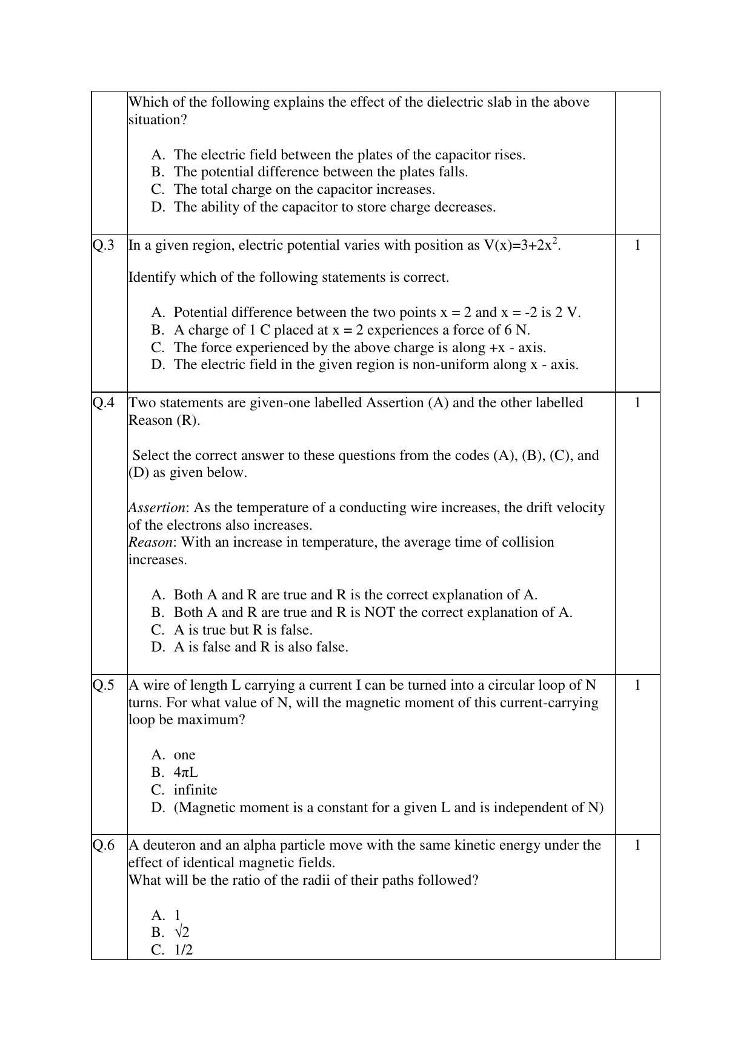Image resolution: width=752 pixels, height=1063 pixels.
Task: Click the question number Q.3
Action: [x=103, y=245]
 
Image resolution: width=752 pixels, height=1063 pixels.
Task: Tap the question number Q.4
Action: [x=103, y=403]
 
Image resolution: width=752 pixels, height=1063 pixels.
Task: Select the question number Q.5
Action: [x=103, y=685]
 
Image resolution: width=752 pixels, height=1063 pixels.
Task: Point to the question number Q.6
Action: [x=103, y=845]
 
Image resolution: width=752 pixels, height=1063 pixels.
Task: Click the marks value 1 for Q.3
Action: [x=637, y=245]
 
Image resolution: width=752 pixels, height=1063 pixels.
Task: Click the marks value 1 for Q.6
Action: [x=637, y=845]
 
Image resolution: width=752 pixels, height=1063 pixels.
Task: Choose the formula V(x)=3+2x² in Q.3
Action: [x=521, y=245]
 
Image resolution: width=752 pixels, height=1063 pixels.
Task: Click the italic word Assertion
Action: [x=156, y=508]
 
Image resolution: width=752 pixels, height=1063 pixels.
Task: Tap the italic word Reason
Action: [x=150, y=542]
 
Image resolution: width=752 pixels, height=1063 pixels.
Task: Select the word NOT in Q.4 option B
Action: [x=379, y=613]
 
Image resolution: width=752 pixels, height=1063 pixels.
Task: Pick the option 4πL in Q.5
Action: [x=185, y=773]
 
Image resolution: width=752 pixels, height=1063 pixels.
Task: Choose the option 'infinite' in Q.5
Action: [x=195, y=790]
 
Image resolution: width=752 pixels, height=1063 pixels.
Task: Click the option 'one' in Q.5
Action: [x=184, y=755]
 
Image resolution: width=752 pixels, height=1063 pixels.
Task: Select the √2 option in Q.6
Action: [x=181, y=932]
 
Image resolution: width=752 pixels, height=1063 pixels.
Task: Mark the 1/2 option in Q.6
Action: [x=183, y=950]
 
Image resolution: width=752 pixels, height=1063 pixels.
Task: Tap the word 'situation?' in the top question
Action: [x=158, y=120]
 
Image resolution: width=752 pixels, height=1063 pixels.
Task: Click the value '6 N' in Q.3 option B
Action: [x=516, y=330]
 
